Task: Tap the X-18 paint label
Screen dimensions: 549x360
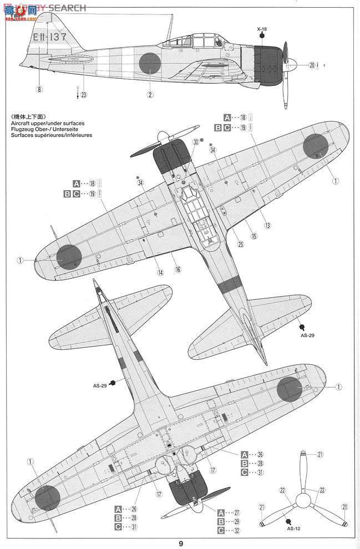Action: coord(261,28)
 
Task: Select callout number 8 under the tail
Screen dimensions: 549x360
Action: coord(39,88)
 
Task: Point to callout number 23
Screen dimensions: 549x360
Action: coord(83,94)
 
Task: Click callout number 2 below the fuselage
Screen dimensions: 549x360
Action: coord(150,94)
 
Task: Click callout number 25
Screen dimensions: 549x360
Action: coord(267,225)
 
